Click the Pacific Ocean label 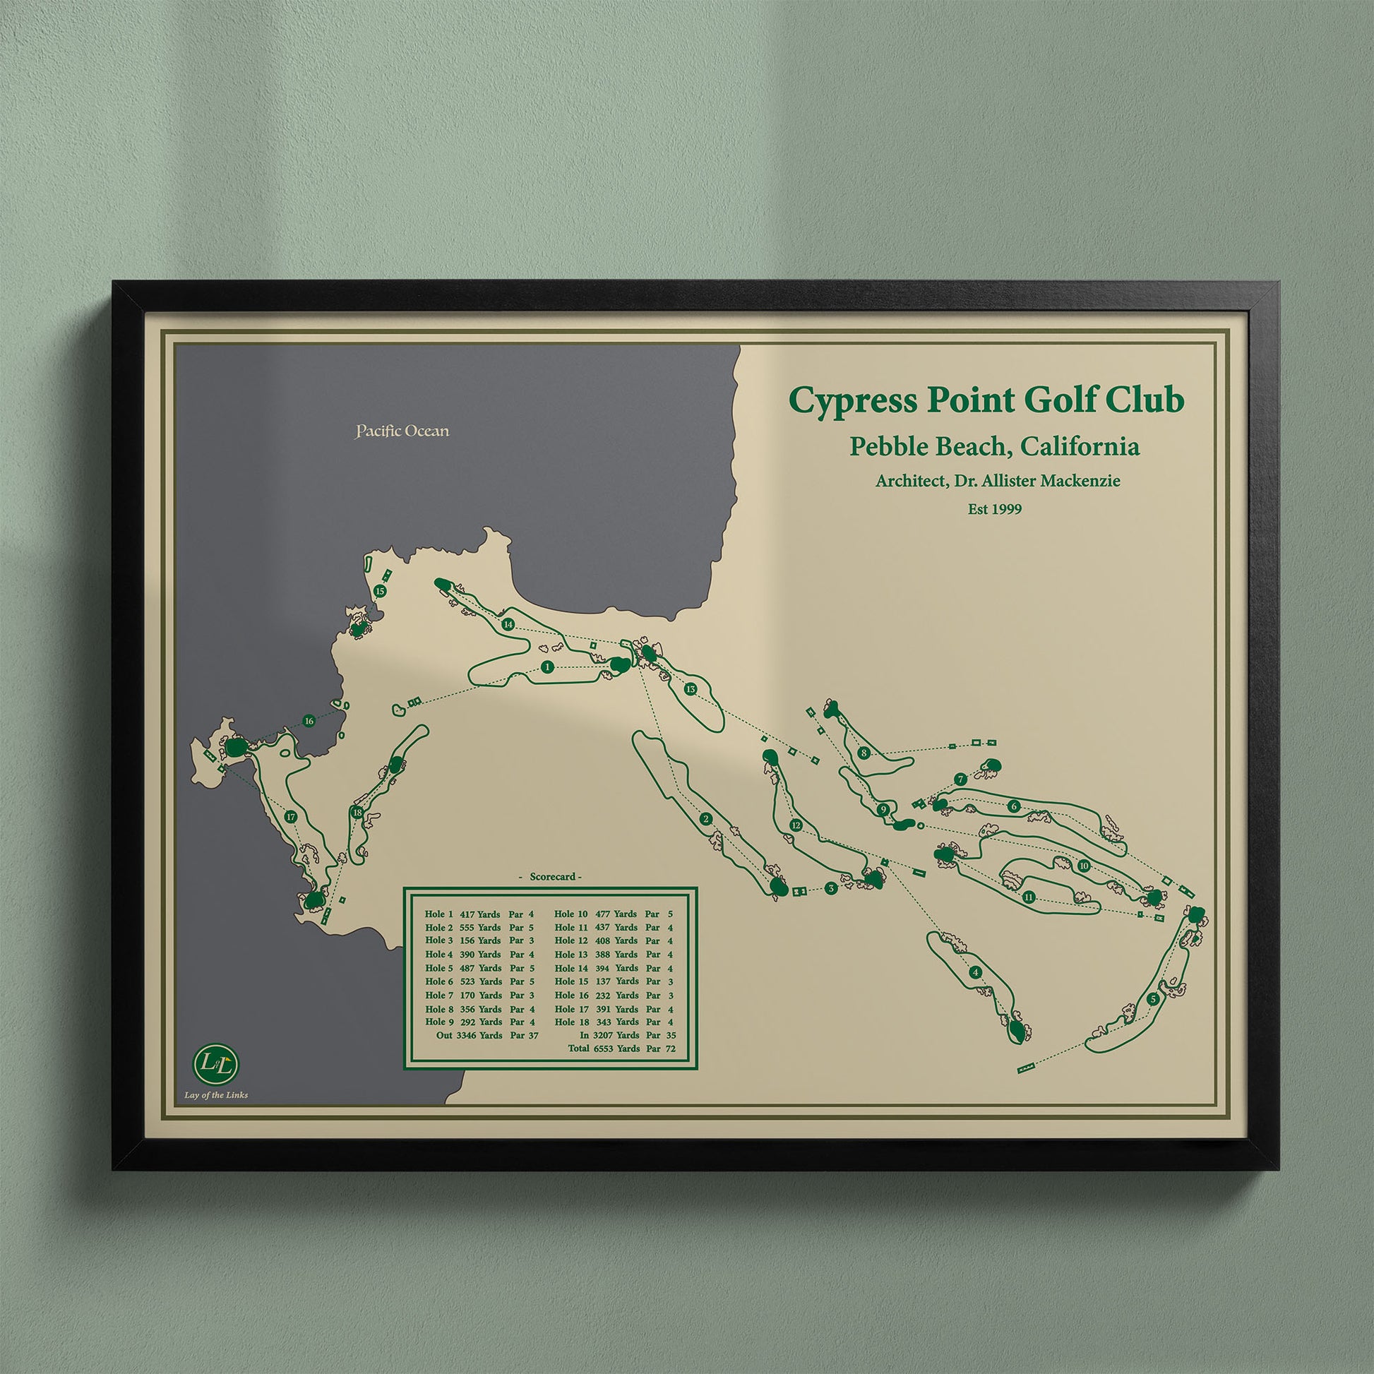(402, 431)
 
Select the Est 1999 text (994, 509)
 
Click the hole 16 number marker (309, 721)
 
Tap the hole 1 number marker (547, 667)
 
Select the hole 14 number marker (508, 624)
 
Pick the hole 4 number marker (975, 972)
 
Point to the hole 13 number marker (690, 689)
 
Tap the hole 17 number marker (290, 817)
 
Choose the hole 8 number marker (864, 753)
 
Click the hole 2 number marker (705, 819)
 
